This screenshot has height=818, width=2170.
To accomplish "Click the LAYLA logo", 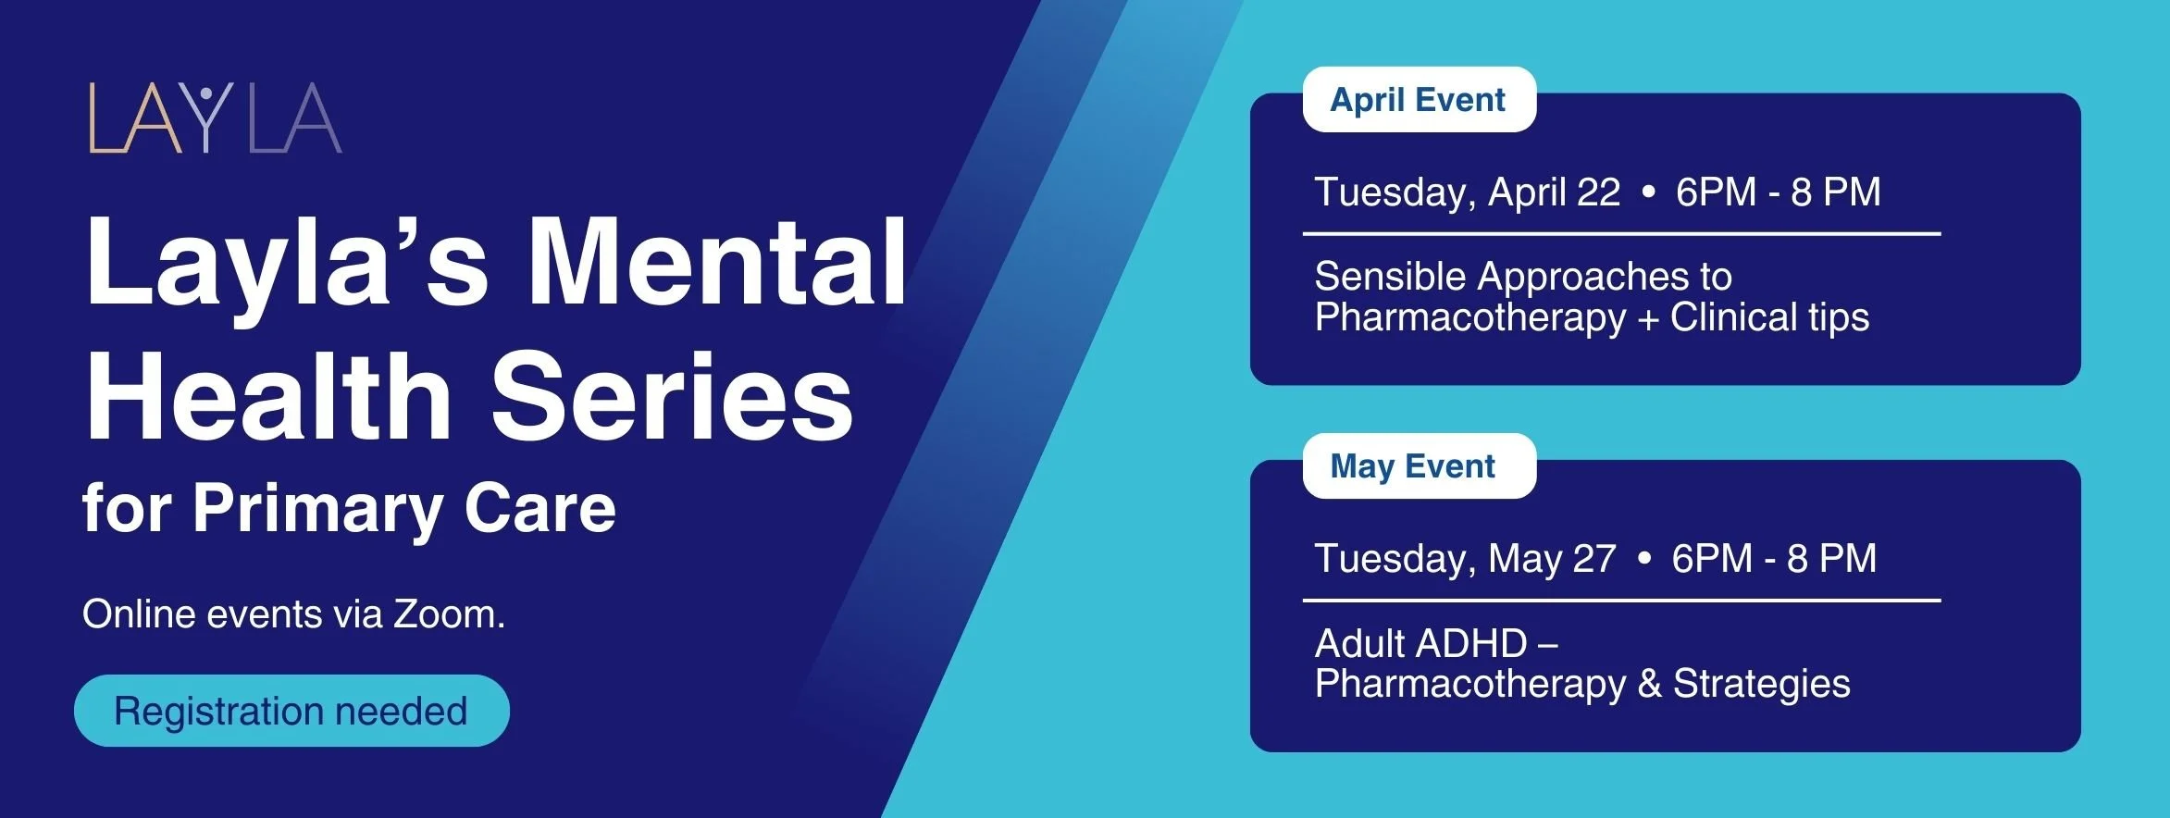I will point(215,118).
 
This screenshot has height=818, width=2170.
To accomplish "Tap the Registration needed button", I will point(291,711).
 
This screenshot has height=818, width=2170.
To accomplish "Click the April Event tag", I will point(1419,99).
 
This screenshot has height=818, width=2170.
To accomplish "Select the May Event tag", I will point(1413,465).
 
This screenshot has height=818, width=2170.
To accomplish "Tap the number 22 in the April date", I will point(1598,192).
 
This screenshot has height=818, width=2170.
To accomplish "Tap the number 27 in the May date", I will point(1593,559).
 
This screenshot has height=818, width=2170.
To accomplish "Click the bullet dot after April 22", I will point(1648,192).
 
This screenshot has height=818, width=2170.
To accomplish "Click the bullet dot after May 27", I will point(1644,559).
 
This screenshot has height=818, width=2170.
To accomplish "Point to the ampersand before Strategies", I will point(1649,685).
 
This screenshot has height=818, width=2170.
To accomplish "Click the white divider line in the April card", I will point(1621,234).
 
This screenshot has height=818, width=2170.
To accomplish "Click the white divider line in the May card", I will point(1621,601).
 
